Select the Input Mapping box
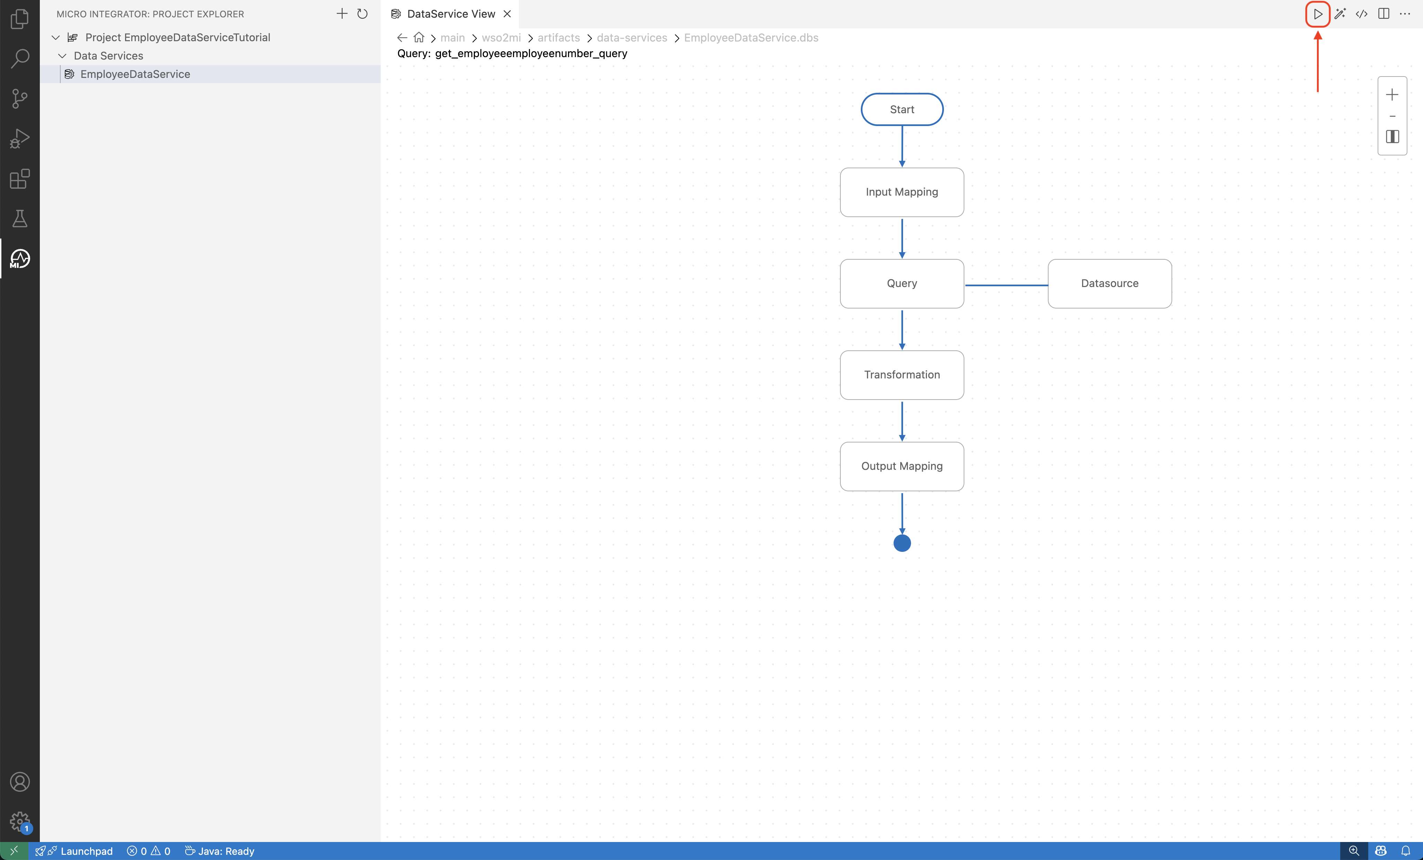pyautogui.click(x=902, y=192)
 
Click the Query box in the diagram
pyautogui.click(x=902, y=284)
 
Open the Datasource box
pyautogui.click(x=1110, y=284)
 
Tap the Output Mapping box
pyautogui.click(x=902, y=466)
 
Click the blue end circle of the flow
pyautogui.click(x=902, y=543)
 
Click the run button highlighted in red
pyautogui.click(x=1318, y=14)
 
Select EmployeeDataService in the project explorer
pyautogui.click(x=135, y=74)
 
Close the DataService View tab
pyautogui.click(x=507, y=14)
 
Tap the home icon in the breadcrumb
pyautogui.click(x=419, y=37)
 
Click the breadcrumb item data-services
pyautogui.click(x=632, y=37)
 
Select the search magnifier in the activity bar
pyautogui.click(x=20, y=58)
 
